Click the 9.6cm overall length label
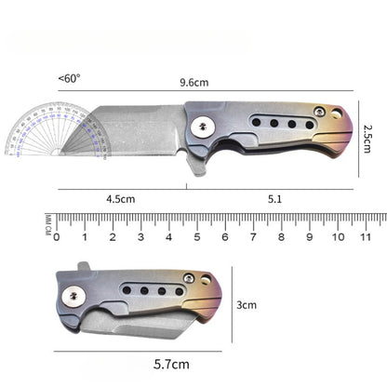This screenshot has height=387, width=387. [194, 82]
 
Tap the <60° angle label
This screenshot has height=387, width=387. [69, 79]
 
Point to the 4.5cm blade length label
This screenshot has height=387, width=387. [121, 198]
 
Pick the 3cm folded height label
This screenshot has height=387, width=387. [247, 304]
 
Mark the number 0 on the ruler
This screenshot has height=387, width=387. [57, 237]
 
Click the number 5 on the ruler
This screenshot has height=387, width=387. [197, 237]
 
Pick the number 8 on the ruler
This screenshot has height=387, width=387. [282, 237]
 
